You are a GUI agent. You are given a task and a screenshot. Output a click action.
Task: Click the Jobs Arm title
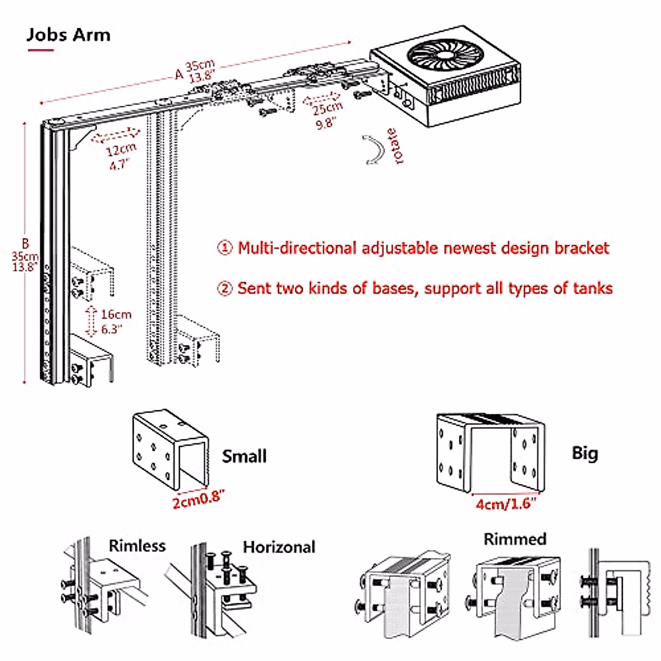pos(69,35)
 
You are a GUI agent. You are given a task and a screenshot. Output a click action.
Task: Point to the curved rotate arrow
pos(374,150)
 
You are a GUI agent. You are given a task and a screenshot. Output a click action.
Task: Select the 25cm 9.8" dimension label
pos(326,116)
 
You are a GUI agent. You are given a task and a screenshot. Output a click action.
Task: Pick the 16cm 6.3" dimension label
pos(116,322)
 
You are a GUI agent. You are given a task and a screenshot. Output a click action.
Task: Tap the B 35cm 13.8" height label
pos(25,255)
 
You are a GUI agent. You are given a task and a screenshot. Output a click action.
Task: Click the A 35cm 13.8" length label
pos(196,72)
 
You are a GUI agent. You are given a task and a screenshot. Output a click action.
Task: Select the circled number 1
pos(225,248)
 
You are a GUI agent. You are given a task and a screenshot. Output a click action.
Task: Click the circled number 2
pos(225,288)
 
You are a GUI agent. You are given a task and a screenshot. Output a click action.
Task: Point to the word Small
pos(244,456)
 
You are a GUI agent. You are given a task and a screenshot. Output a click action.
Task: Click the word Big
pos(585,454)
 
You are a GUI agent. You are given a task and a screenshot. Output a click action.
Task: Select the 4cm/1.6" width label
pos(506,503)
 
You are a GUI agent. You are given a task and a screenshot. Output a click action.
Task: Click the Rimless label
pos(137,546)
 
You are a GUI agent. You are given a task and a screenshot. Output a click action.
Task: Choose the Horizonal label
pos(279,547)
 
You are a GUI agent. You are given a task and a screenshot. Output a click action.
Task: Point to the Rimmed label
pos(515,539)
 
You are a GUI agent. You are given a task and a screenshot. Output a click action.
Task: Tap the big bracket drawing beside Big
pos(491,453)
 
